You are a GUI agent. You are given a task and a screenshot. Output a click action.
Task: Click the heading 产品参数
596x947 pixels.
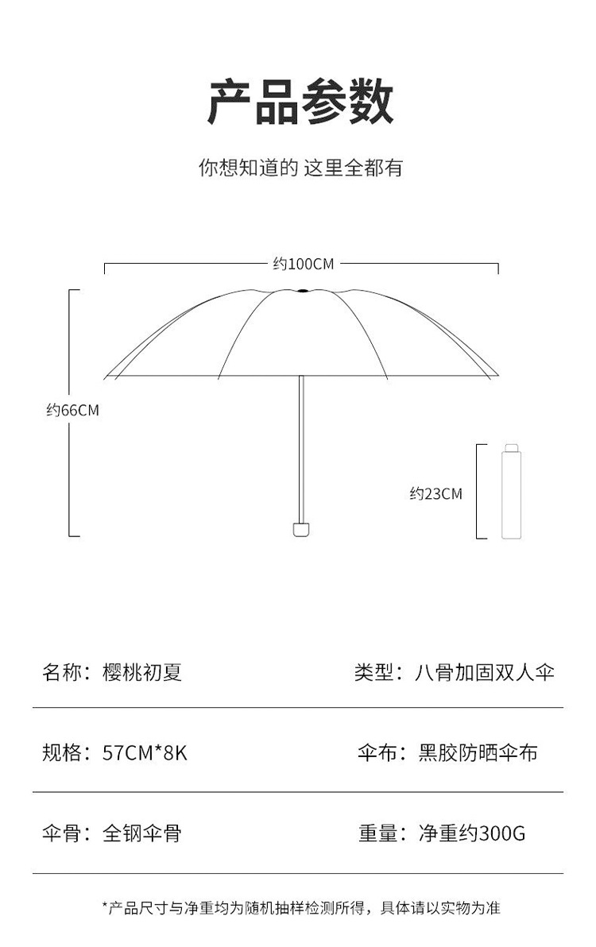click(x=300, y=102)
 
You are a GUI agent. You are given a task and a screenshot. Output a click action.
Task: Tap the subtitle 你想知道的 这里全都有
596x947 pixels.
click(x=300, y=168)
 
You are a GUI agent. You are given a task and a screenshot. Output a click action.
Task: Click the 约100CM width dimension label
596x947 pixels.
click(x=303, y=264)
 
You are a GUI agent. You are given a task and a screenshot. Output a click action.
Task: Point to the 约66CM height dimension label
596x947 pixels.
click(x=72, y=410)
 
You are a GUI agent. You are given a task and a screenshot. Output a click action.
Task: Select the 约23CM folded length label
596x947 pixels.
click(x=435, y=493)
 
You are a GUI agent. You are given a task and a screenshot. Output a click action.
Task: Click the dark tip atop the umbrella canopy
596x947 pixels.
click(x=301, y=291)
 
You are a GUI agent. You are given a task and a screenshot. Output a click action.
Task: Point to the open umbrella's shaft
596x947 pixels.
click(x=301, y=445)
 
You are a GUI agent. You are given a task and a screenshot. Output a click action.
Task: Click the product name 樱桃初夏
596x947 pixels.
click(x=142, y=672)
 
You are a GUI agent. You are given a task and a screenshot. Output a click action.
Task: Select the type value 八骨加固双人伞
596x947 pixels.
click(x=485, y=672)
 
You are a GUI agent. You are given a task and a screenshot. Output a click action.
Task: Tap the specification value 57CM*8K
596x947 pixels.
click(x=145, y=752)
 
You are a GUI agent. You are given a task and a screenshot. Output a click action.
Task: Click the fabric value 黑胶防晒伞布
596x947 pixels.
click(x=478, y=752)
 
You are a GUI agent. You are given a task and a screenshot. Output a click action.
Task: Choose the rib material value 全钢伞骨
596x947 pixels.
click(x=142, y=833)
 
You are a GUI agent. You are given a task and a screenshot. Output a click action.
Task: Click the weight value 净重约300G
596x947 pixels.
click(x=472, y=833)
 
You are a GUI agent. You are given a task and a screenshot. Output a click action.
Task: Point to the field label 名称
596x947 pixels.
click(x=62, y=672)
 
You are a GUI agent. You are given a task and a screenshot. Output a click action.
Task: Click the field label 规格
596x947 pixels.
click(x=62, y=752)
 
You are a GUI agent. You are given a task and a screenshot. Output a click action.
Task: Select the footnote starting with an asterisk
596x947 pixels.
click(x=300, y=907)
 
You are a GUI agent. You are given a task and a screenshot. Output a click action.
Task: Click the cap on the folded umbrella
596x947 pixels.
click(x=511, y=448)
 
